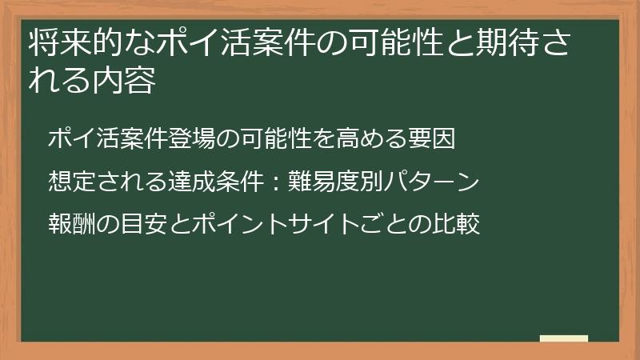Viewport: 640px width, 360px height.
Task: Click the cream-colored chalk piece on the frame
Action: click(x=564, y=339)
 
